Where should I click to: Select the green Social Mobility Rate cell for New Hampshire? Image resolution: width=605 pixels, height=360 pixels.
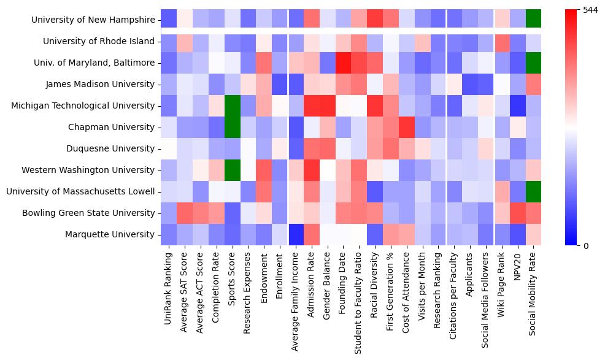pos(534,20)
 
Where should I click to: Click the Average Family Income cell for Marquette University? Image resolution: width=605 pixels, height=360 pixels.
pos(296,234)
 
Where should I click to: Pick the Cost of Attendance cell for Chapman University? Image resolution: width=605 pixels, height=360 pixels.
pos(407,127)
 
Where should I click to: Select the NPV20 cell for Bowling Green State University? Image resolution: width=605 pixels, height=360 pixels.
pos(518,213)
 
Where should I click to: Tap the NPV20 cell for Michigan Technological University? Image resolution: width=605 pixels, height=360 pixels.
pos(518,105)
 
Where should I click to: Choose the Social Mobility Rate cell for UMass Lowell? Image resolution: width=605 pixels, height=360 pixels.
pos(534,191)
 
